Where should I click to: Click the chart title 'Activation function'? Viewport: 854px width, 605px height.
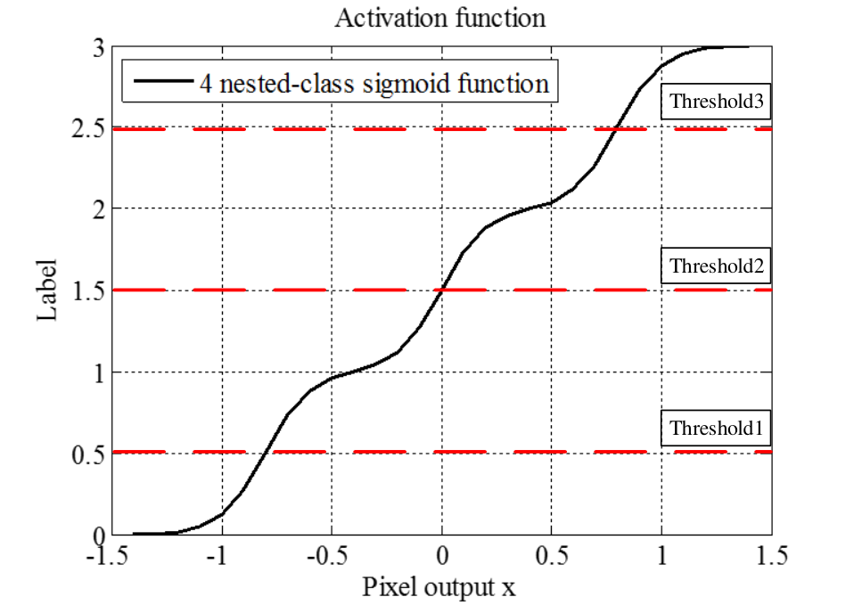[x=440, y=18]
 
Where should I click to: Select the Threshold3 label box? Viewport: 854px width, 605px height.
[x=716, y=102]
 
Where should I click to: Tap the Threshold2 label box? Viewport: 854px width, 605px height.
[x=716, y=266]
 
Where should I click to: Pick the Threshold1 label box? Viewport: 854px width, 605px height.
[x=716, y=428]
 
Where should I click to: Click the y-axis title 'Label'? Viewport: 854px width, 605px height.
[x=47, y=290]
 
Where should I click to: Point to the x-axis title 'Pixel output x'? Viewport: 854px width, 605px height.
[x=439, y=586]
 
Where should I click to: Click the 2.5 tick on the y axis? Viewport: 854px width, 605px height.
[x=88, y=128]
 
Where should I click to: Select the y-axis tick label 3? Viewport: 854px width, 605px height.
[x=99, y=48]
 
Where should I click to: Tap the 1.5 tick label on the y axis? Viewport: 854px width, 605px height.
[x=88, y=291]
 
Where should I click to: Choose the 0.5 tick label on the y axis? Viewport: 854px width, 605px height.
[x=88, y=454]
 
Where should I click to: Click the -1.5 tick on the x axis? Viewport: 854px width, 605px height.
[x=107, y=556]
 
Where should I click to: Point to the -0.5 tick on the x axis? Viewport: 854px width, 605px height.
[x=327, y=556]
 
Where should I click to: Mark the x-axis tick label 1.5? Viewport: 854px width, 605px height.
[x=772, y=556]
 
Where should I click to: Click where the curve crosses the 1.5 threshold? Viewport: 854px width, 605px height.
[x=442, y=290]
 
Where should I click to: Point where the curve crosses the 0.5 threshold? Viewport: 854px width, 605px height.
[x=266, y=452]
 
